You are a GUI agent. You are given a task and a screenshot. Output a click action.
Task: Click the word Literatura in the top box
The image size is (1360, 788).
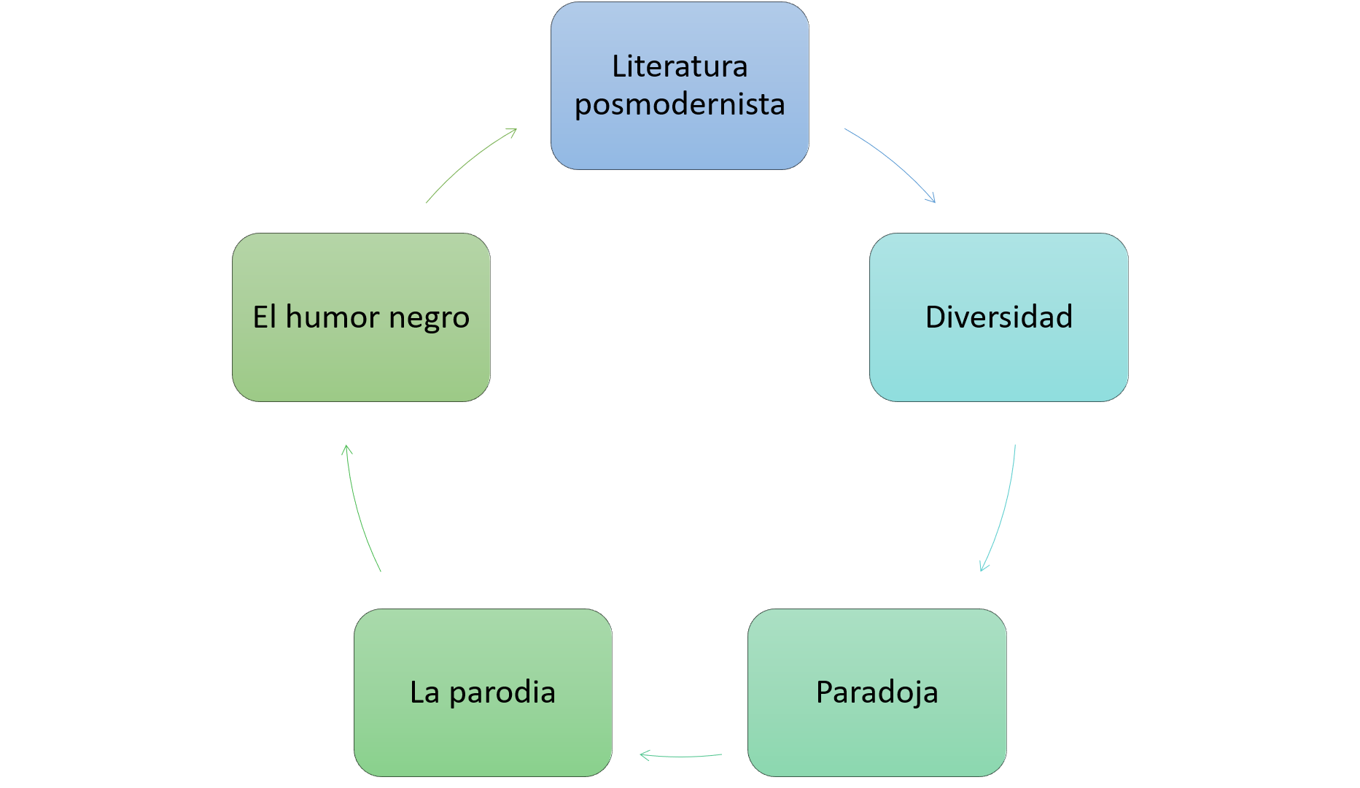pos(680,66)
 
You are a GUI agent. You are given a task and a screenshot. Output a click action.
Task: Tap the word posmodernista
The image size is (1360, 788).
pos(680,104)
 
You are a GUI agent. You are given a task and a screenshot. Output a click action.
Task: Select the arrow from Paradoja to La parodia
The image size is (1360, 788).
pos(682,756)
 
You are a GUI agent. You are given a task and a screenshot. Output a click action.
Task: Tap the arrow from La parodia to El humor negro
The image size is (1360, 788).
pos(359,511)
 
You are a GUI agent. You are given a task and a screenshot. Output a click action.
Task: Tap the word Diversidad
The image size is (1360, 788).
pos(998,317)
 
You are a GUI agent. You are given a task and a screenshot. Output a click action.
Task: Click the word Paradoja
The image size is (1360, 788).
pos(877,692)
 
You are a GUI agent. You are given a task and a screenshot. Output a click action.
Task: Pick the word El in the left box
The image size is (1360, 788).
pos(264,317)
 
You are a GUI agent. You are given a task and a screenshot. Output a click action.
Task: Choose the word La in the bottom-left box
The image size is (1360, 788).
pos(424,692)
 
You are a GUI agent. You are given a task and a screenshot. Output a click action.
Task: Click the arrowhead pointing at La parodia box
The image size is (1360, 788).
pos(643,755)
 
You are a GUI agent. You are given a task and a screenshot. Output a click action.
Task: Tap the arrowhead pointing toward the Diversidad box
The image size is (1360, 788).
pos(932,199)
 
